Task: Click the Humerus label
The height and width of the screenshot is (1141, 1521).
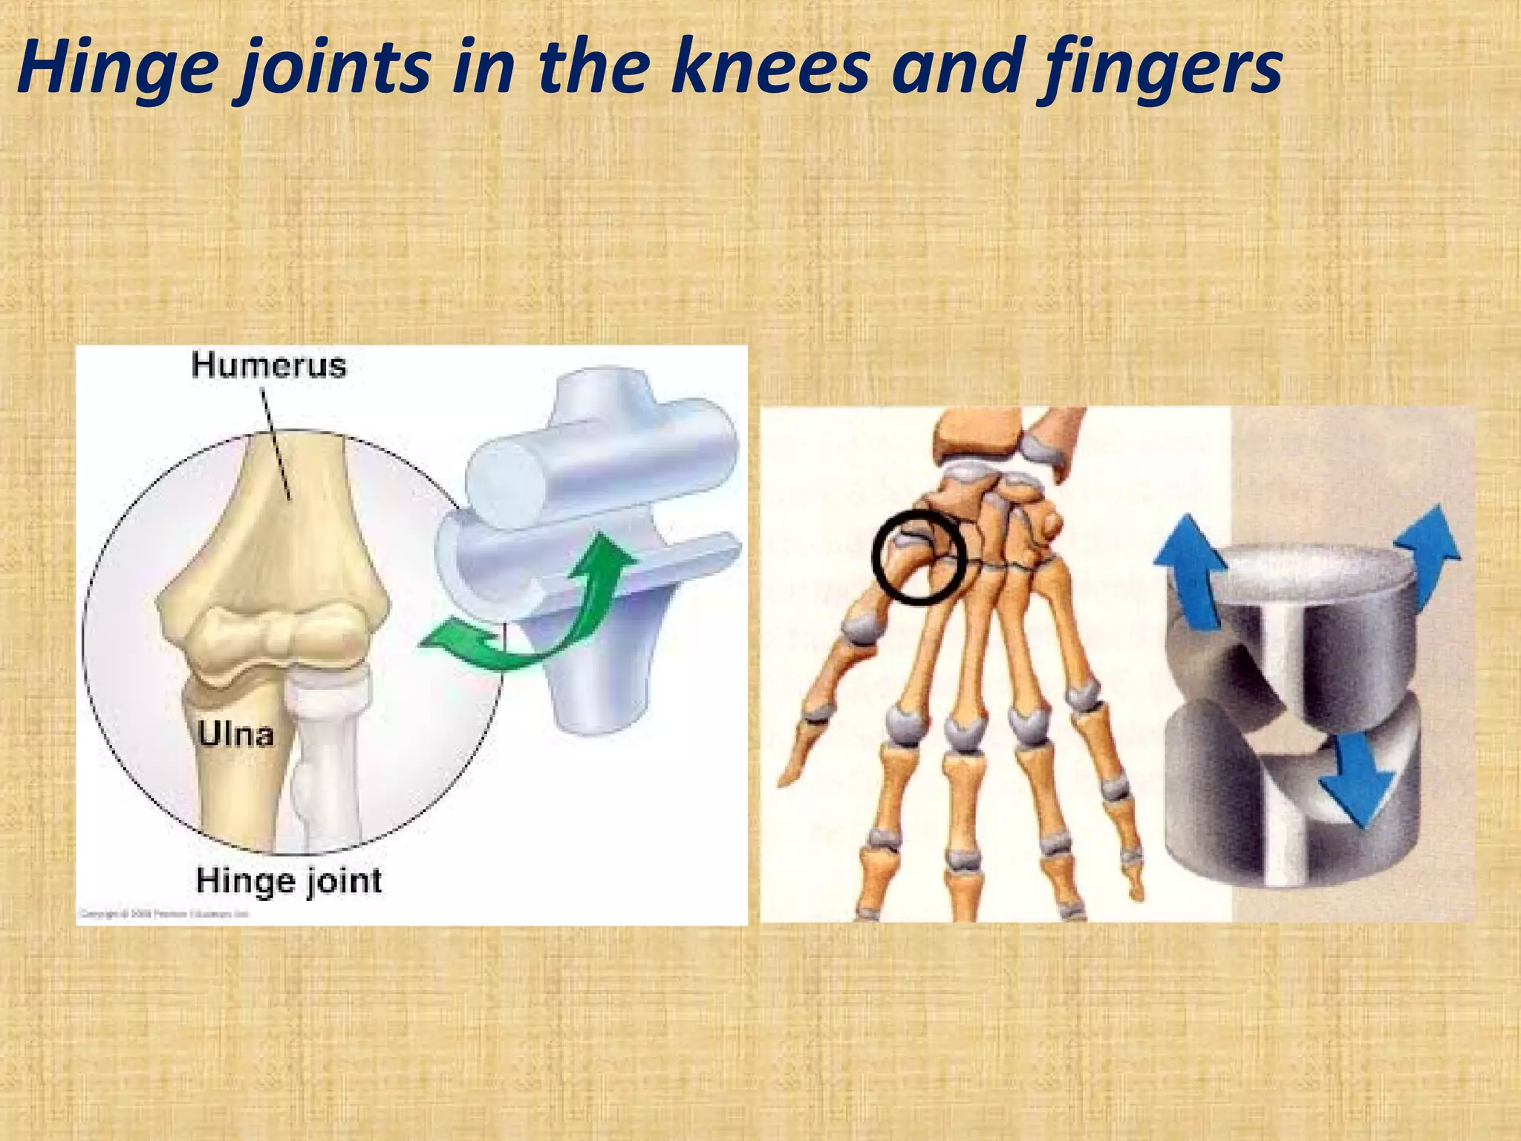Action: pyautogui.click(x=269, y=366)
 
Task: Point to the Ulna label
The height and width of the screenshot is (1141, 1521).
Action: pyautogui.click(x=235, y=734)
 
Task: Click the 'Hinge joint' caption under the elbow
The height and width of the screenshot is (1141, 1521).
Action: pyautogui.click(x=289, y=881)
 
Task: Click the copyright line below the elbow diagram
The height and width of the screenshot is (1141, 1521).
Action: pyautogui.click(x=163, y=914)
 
